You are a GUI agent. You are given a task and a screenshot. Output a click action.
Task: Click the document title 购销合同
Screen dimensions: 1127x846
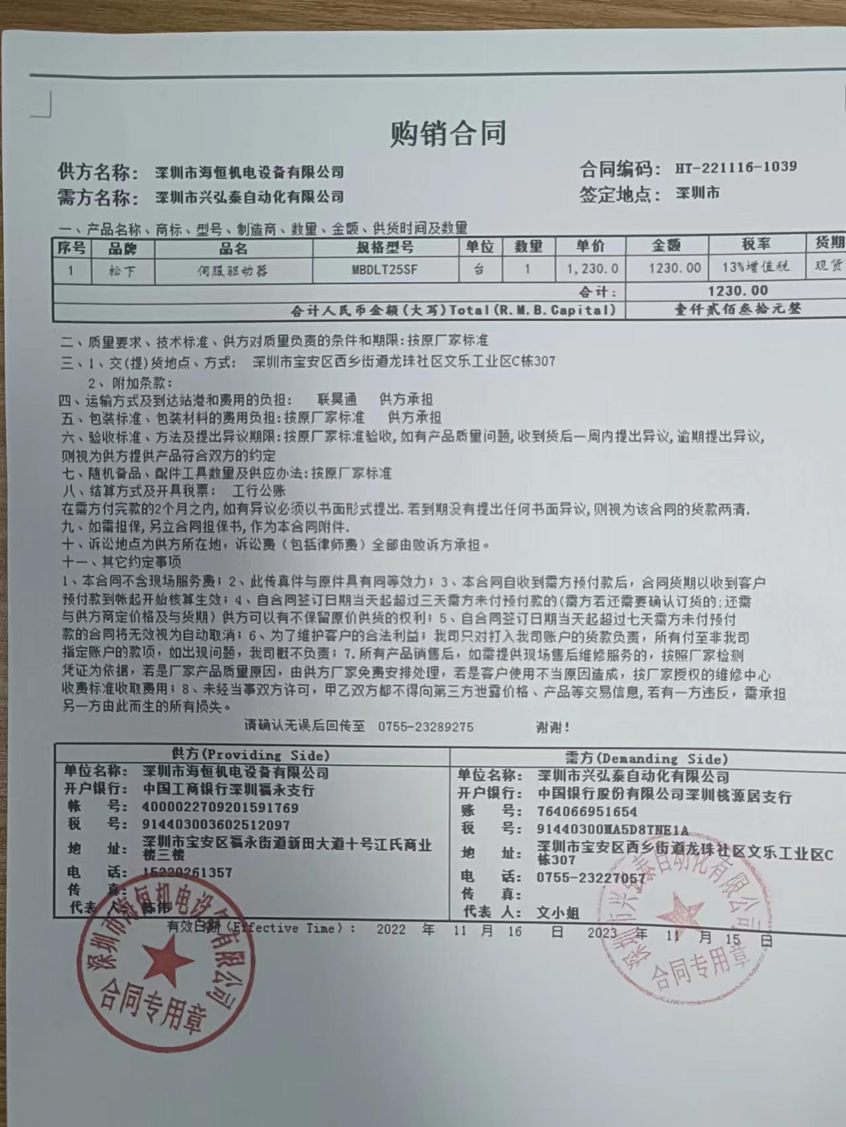pos(448,132)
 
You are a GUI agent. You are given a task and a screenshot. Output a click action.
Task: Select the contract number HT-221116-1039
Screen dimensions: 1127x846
pos(736,167)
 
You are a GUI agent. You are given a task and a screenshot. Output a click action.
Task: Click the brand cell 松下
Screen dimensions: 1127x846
pos(122,270)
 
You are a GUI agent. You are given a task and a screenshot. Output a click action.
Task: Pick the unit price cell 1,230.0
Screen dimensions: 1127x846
pos(592,268)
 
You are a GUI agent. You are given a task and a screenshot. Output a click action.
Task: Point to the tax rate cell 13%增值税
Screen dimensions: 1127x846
pos(755,267)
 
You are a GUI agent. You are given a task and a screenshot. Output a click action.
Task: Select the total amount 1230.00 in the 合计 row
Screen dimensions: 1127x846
pos(738,290)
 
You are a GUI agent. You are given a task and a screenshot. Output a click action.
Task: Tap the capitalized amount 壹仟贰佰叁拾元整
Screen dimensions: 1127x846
pos(738,309)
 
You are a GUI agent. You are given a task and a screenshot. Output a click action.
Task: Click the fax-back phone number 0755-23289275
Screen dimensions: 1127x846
pos(426,727)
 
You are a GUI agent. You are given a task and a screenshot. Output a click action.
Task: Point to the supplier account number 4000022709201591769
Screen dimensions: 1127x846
pos(220,807)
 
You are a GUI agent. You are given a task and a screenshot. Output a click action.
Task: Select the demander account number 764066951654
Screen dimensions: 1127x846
pos(588,812)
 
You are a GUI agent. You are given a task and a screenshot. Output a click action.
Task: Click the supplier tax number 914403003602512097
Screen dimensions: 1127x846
pos(215,824)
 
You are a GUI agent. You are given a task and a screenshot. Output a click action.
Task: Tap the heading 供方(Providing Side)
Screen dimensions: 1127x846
pos(250,755)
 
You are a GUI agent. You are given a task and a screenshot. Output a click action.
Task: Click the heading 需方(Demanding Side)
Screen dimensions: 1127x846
pos(646,759)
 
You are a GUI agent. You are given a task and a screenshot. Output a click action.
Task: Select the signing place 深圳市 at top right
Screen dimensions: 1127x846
pos(698,194)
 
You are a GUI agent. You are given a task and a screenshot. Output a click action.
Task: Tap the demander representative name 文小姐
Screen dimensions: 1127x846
pos(558,912)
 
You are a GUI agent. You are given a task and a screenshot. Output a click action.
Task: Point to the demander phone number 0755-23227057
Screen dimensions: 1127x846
pos(591,877)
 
